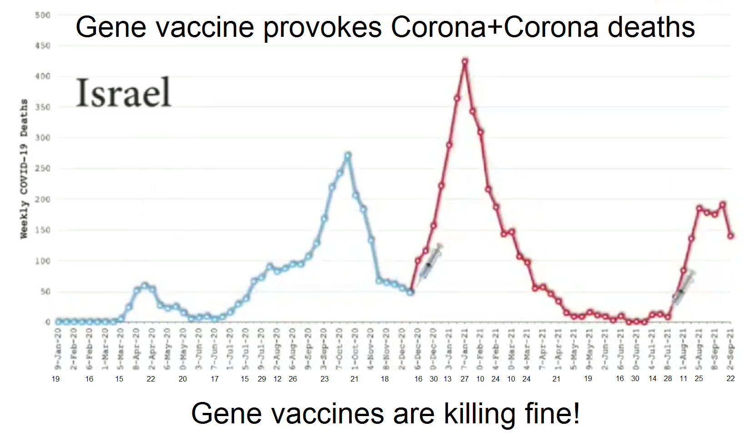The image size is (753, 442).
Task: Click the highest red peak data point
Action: coord(465,61)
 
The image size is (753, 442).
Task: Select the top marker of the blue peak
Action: coord(348,156)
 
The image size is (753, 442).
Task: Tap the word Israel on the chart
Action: coord(123,93)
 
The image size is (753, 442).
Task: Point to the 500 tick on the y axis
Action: coord(42,15)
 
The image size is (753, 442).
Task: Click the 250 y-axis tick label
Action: coord(42,168)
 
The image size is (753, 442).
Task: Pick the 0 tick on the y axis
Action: coord(47,322)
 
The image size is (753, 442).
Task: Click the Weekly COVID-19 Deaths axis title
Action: coord(24,168)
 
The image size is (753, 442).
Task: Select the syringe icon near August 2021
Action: coord(684,288)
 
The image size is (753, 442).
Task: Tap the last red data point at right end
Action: coord(731,236)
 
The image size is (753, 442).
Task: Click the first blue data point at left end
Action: coord(59,321)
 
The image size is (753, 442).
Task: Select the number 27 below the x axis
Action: coord(464,379)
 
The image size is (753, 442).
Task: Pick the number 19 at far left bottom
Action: coord(55,379)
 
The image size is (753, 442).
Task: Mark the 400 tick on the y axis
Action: coord(42,76)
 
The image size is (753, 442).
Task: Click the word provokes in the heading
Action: coord(322,27)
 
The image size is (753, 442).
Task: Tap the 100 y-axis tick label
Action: coord(42,261)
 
